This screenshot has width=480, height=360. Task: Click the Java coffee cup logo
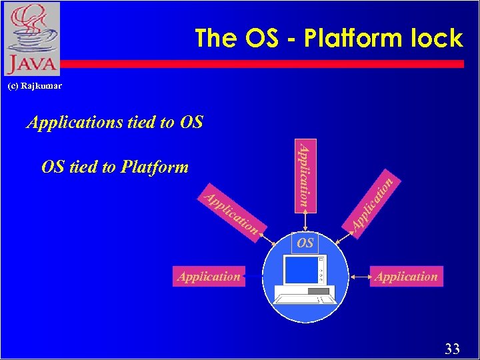click(x=31, y=27)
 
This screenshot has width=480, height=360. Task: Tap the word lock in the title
click(x=436, y=38)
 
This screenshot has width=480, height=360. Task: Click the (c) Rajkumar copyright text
click(x=35, y=85)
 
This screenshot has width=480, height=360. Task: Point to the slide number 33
click(x=452, y=348)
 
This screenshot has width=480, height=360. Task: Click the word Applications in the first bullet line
click(x=74, y=122)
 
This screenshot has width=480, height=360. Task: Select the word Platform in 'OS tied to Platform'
click(x=155, y=167)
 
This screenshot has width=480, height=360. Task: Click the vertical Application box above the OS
click(x=305, y=174)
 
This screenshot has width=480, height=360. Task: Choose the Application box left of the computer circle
click(x=209, y=277)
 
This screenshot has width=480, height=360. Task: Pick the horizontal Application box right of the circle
click(x=407, y=277)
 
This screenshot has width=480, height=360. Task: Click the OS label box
click(x=305, y=243)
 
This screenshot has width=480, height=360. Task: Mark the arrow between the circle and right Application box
click(x=361, y=276)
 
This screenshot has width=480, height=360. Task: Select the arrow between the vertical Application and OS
click(x=305, y=221)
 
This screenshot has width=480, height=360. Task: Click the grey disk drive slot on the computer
click(x=319, y=291)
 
